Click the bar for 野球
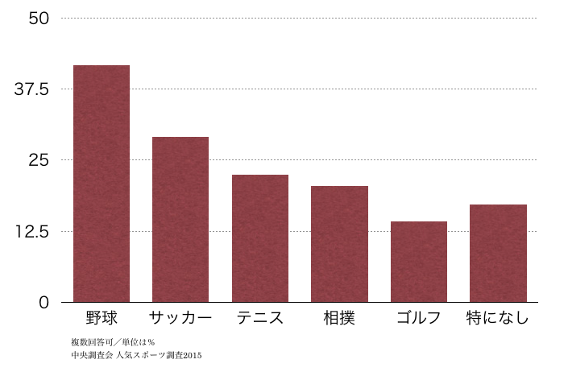(102, 184)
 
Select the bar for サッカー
(180, 220)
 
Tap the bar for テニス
(260, 238)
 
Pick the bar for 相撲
(339, 244)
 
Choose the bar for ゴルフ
(419, 262)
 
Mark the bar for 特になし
(498, 254)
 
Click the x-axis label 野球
(102, 317)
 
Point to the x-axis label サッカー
(180, 317)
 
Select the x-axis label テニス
(260, 317)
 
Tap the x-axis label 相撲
(339, 317)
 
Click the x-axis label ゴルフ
(419, 317)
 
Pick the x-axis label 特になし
(498, 317)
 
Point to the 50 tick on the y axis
(38, 18)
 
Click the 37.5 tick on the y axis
(33, 89)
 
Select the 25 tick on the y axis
(38, 160)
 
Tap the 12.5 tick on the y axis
(33, 232)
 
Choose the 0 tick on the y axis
(44, 303)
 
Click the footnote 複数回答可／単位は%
(113, 342)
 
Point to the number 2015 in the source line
(192, 354)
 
